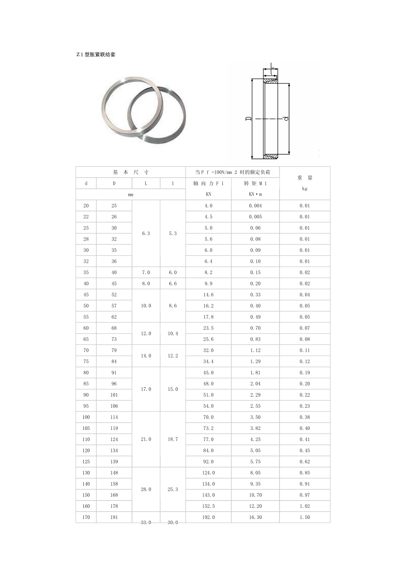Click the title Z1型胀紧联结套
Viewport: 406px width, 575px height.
[x=96, y=55]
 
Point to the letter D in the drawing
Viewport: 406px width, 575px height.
[x=248, y=118]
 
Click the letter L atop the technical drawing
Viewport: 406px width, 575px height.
[x=271, y=66]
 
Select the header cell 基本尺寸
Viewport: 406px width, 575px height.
[x=130, y=172]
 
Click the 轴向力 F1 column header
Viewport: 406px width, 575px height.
[x=209, y=183]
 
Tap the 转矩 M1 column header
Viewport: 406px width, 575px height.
[x=255, y=183]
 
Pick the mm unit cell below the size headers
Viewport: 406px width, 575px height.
[x=130, y=194]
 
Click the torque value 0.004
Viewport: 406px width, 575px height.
[x=255, y=206]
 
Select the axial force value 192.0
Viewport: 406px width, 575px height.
[x=209, y=517]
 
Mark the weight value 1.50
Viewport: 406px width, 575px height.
[x=305, y=517]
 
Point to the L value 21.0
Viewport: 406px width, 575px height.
[x=146, y=439]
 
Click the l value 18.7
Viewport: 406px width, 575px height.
[x=173, y=439]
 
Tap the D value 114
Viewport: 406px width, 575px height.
[x=114, y=417]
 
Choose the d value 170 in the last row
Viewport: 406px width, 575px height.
[x=86, y=517]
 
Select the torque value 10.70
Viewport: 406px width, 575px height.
[x=255, y=495]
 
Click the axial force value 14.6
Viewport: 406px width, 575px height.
[x=209, y=295]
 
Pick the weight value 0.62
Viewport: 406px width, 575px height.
[x=305, y=462]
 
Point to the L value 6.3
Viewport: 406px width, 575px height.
[x=146, y=234]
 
